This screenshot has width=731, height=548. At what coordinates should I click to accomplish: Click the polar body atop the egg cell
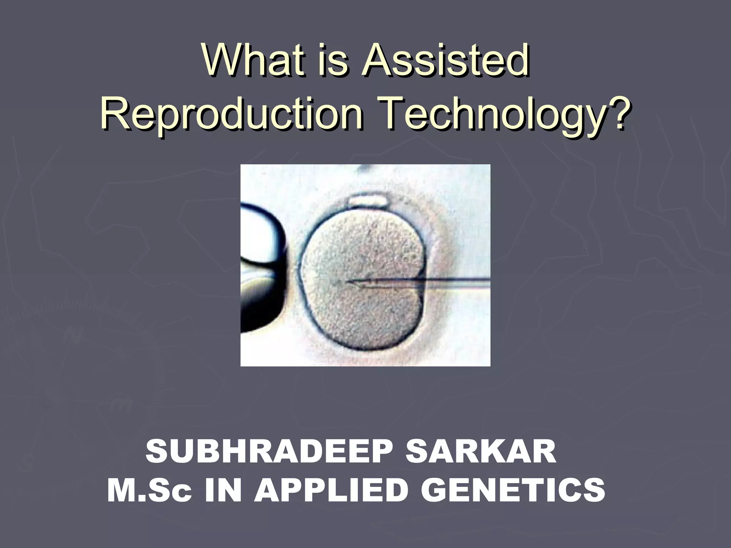(x=368, y=201)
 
